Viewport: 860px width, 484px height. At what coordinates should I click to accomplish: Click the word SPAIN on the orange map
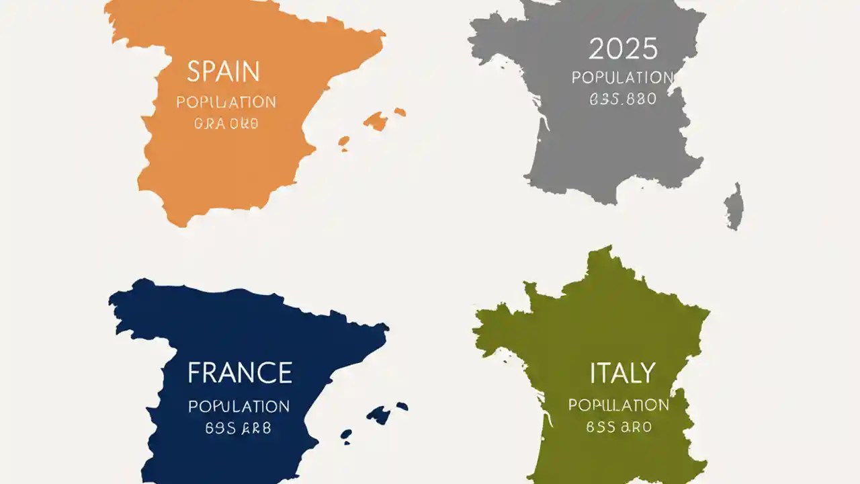click(x=223, y=71)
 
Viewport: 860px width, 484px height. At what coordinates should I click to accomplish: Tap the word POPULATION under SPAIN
click(x=226, y=103)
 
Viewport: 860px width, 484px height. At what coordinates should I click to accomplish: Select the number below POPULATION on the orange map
click(x=226, y=124)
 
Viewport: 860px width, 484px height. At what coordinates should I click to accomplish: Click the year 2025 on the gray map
click(x=623, y=49)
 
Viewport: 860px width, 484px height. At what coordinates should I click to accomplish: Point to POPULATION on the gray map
click(x=622, y=78)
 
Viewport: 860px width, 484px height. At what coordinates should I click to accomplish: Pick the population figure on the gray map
click(x=622, y=99)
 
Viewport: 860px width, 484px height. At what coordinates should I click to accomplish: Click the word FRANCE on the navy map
click(x=239, y=373)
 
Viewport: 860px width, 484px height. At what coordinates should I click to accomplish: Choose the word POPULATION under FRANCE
click(x=239, y=407)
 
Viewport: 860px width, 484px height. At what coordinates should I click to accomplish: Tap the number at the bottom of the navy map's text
click(x=239, y=428)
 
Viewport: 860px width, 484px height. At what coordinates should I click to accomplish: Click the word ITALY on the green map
click(x=621, y=373)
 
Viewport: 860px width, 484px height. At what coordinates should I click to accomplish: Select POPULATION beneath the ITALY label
click(x=619, y=405)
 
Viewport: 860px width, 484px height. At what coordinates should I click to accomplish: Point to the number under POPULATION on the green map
click(x=619, y=427)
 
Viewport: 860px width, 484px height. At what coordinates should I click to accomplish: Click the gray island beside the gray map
click(x=734, y=206)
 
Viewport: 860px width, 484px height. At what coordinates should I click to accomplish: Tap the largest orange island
click(x=376, y=122)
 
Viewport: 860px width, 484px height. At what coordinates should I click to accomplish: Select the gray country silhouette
click(x=591, y=148)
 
